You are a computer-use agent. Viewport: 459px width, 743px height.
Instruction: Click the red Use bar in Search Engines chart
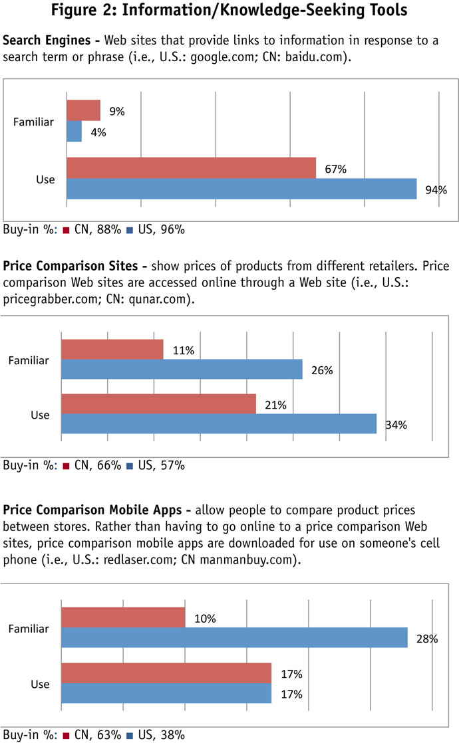[191, 168]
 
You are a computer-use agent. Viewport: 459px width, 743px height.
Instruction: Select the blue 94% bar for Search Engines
[241, 189]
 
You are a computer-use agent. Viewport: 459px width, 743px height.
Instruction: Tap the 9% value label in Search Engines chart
[117, 111]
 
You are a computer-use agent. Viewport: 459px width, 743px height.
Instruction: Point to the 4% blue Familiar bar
[74, 132]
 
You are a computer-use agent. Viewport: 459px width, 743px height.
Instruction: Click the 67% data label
[336, 169]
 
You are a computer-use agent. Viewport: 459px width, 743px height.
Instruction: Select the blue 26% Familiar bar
[182, 370]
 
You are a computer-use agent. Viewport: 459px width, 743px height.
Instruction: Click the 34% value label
[396, 425]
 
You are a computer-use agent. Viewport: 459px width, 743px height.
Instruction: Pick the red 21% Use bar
[158, 404]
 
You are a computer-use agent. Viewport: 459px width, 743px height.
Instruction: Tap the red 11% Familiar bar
[112, 350]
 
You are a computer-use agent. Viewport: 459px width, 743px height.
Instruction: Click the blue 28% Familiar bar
[234, 638]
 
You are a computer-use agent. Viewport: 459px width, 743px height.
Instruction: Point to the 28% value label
[427, 639]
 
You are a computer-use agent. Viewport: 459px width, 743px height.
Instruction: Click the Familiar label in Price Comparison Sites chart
[31, 360]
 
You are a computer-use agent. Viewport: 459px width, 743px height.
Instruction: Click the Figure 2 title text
[230, 12]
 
